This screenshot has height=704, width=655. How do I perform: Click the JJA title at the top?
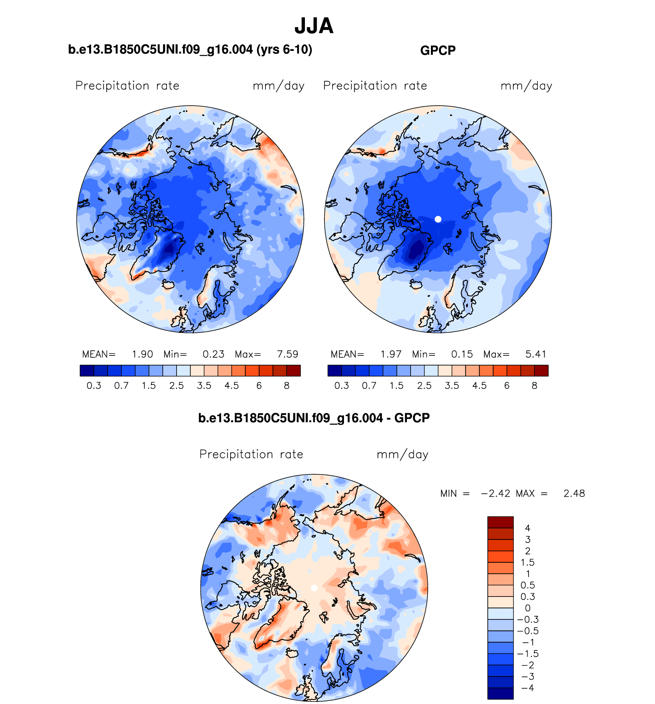(314, 26)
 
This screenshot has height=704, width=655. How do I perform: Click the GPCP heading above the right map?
(438, 51)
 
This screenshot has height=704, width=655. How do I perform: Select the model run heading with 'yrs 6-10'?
(190, 50)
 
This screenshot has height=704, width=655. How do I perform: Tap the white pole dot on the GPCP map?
(438, 219)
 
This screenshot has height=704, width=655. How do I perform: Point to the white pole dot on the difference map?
(314, 588)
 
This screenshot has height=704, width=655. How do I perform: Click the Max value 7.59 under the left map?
(287, 354)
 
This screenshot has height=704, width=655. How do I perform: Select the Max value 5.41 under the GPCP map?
(535, 354)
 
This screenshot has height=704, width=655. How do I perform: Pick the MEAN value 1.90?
(142, 354)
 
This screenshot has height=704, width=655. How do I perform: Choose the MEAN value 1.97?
(391, 354)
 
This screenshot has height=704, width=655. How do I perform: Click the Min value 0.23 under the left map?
(213, 354)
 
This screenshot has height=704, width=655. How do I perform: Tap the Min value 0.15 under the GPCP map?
(462, 354)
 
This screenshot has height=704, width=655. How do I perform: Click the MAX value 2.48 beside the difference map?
(574, 494)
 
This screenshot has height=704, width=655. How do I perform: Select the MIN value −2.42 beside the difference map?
(496, 494)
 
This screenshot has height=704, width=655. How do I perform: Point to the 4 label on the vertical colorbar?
(527, 528)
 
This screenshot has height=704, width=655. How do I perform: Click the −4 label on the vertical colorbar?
(527, 688)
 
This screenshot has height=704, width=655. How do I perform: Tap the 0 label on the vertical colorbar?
(527, 608)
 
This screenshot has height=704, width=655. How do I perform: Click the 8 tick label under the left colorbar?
(287, 386)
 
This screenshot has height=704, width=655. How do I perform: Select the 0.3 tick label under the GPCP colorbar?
(342, 386)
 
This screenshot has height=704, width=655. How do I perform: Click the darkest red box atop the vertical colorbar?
(500, 522)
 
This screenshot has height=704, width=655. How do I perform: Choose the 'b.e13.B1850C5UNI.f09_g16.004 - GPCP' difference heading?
(314, 418)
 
